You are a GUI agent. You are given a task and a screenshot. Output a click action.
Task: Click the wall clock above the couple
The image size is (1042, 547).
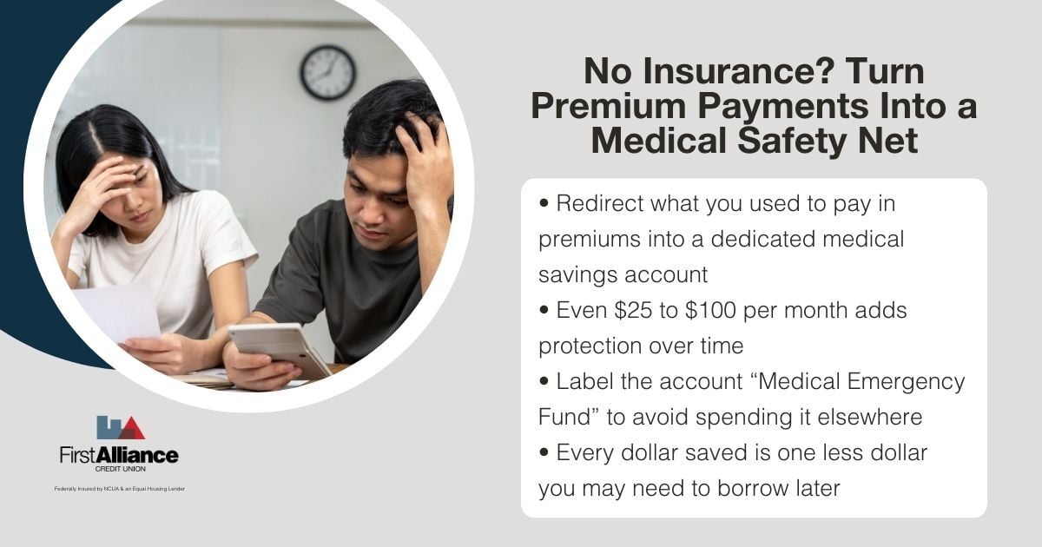[x=327, y=72]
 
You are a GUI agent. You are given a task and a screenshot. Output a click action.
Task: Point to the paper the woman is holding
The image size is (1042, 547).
[x=116, y=313]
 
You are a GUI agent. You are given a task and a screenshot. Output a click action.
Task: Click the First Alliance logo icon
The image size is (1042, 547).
[x=120, y=428]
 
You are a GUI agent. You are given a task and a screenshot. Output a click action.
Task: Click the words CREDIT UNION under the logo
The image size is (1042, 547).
[x=119, y=468]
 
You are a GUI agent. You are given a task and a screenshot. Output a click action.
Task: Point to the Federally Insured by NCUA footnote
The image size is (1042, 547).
[x=119, y=489]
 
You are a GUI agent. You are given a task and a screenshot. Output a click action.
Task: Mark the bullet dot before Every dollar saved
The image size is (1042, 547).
[x=544, y=452]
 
